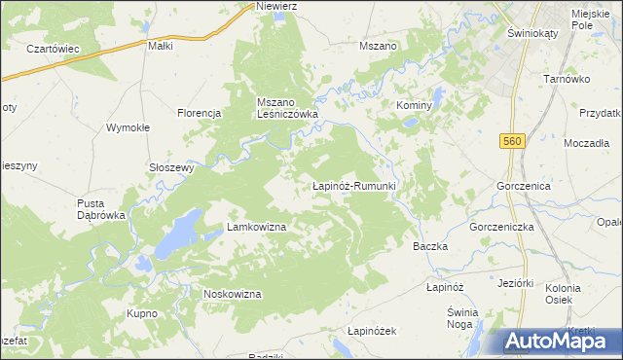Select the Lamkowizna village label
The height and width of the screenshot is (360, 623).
[x=256, y=227]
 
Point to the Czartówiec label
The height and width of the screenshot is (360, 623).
[x=53, y=49]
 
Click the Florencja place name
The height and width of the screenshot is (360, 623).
[x=200, y=113]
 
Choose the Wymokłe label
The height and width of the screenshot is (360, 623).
[x=127, y=128]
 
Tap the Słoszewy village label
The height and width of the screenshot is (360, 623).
[x=171, y=166]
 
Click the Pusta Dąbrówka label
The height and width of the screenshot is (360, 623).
[x=102, y=209]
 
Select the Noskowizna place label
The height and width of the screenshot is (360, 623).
[x=232, y=294]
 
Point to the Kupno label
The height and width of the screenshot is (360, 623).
[x=142, y=313]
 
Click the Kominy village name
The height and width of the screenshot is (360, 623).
[x=413, y=104]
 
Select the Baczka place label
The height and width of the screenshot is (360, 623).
[x=430, y=246]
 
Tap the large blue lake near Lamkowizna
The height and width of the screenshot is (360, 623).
[x=178, y=234]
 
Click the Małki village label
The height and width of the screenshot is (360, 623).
[x=160, y=46]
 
